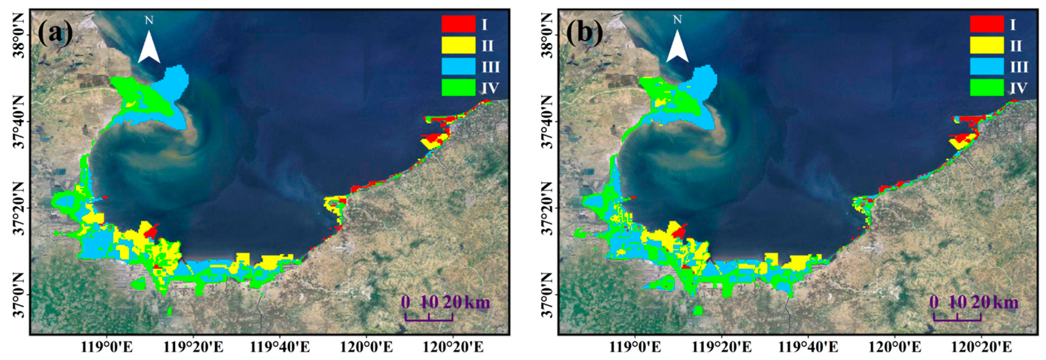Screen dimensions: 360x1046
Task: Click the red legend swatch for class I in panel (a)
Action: coord(458,24)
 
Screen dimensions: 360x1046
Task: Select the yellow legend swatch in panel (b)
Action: coord(987,45)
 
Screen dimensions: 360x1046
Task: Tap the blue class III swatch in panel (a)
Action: coord(458,67)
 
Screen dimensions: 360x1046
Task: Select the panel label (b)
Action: coord(584,32)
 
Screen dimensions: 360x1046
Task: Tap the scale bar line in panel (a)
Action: coord(429,320)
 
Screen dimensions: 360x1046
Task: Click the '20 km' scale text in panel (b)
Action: coord(994,303)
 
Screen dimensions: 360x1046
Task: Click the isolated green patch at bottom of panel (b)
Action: coord(698,311)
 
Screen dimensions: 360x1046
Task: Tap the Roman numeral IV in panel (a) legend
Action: coord(490,88)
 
